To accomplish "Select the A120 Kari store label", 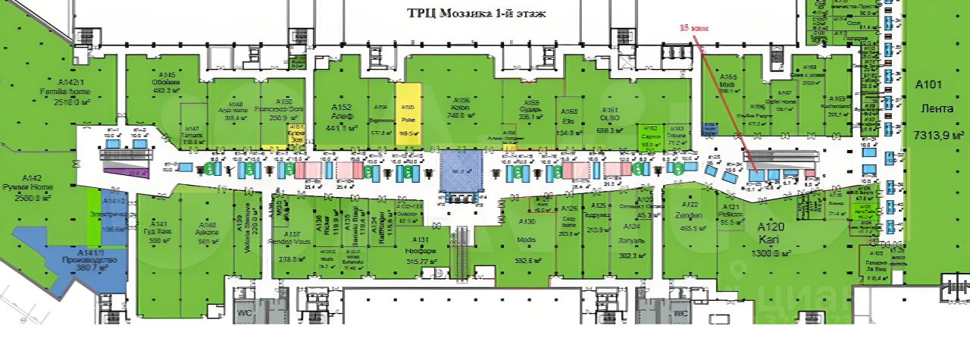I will pyautogui.click(x=771, y=233).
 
